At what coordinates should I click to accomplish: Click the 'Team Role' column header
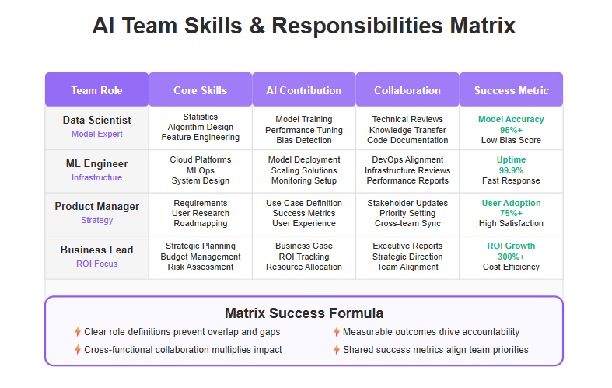[96, 90]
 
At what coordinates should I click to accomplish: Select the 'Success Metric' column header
[512, 90]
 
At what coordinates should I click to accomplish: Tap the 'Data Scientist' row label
[96, 120]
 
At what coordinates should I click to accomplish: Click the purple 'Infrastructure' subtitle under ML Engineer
[96, 177]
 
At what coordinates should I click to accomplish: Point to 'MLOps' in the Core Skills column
[200, 170]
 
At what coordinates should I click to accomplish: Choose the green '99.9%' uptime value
[511, 170]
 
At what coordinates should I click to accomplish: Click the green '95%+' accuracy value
[511, 130]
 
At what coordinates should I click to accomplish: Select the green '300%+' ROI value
[511, 257]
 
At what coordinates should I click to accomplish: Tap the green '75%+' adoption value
[511, 214]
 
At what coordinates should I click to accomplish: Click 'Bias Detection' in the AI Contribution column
[304, 140]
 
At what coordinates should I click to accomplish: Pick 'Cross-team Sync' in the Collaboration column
[407, 223]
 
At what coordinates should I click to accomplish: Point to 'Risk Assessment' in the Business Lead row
[200, 267]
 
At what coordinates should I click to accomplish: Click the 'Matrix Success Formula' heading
[304, 313]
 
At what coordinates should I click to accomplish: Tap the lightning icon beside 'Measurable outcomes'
[337, 332]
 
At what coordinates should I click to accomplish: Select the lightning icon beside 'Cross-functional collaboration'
[78, 350]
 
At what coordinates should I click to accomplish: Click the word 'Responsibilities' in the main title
[357, 26]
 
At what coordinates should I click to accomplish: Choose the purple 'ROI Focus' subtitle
[96, 264]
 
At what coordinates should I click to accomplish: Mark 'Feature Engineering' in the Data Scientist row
[200, 137]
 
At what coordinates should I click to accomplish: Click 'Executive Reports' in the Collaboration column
[407, 246]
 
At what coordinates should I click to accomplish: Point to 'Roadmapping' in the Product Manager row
[200, 223]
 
